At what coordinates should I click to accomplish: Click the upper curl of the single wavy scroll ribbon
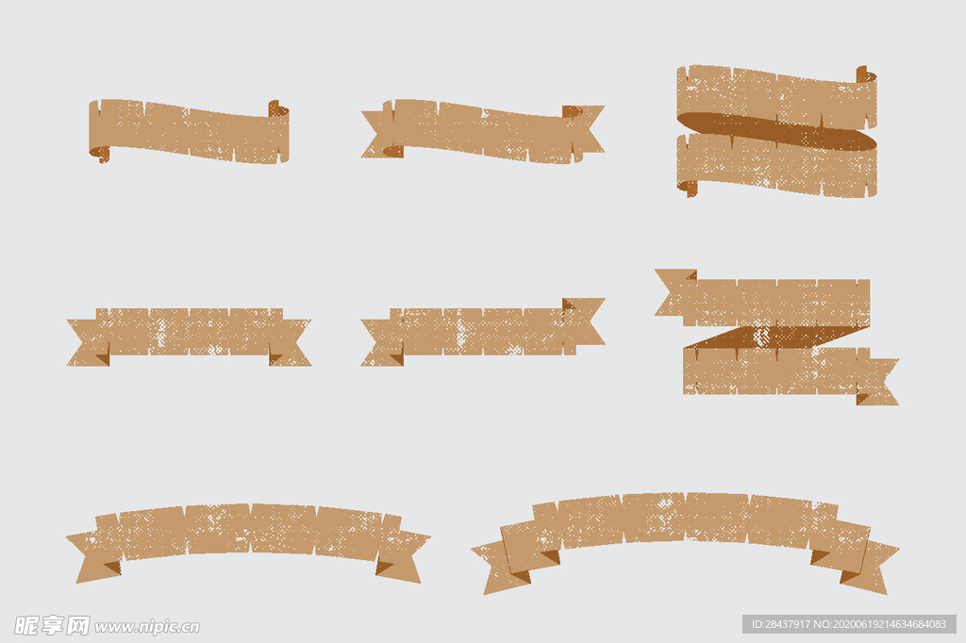click(278, 109)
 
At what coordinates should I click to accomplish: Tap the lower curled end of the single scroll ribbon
click(100, 154)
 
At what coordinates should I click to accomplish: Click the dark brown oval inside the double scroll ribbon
click(776, 130)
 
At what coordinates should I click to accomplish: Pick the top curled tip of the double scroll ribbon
click(866, 74)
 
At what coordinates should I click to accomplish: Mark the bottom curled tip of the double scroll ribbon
click(688, 189)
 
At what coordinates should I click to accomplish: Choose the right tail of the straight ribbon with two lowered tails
click(291, 342)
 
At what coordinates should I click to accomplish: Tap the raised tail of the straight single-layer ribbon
click(585, 321)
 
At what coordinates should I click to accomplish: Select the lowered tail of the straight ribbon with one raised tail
click(381, 342)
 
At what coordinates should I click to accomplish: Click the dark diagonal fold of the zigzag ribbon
click(776, 337)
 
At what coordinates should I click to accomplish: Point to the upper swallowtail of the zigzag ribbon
click(674, 292)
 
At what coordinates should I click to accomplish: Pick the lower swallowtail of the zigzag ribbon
click(879, 381)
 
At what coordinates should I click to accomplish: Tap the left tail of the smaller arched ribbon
click(92, 556)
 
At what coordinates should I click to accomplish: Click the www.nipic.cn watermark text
click(147, 627)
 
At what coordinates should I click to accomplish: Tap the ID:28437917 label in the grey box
click(780, 624)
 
